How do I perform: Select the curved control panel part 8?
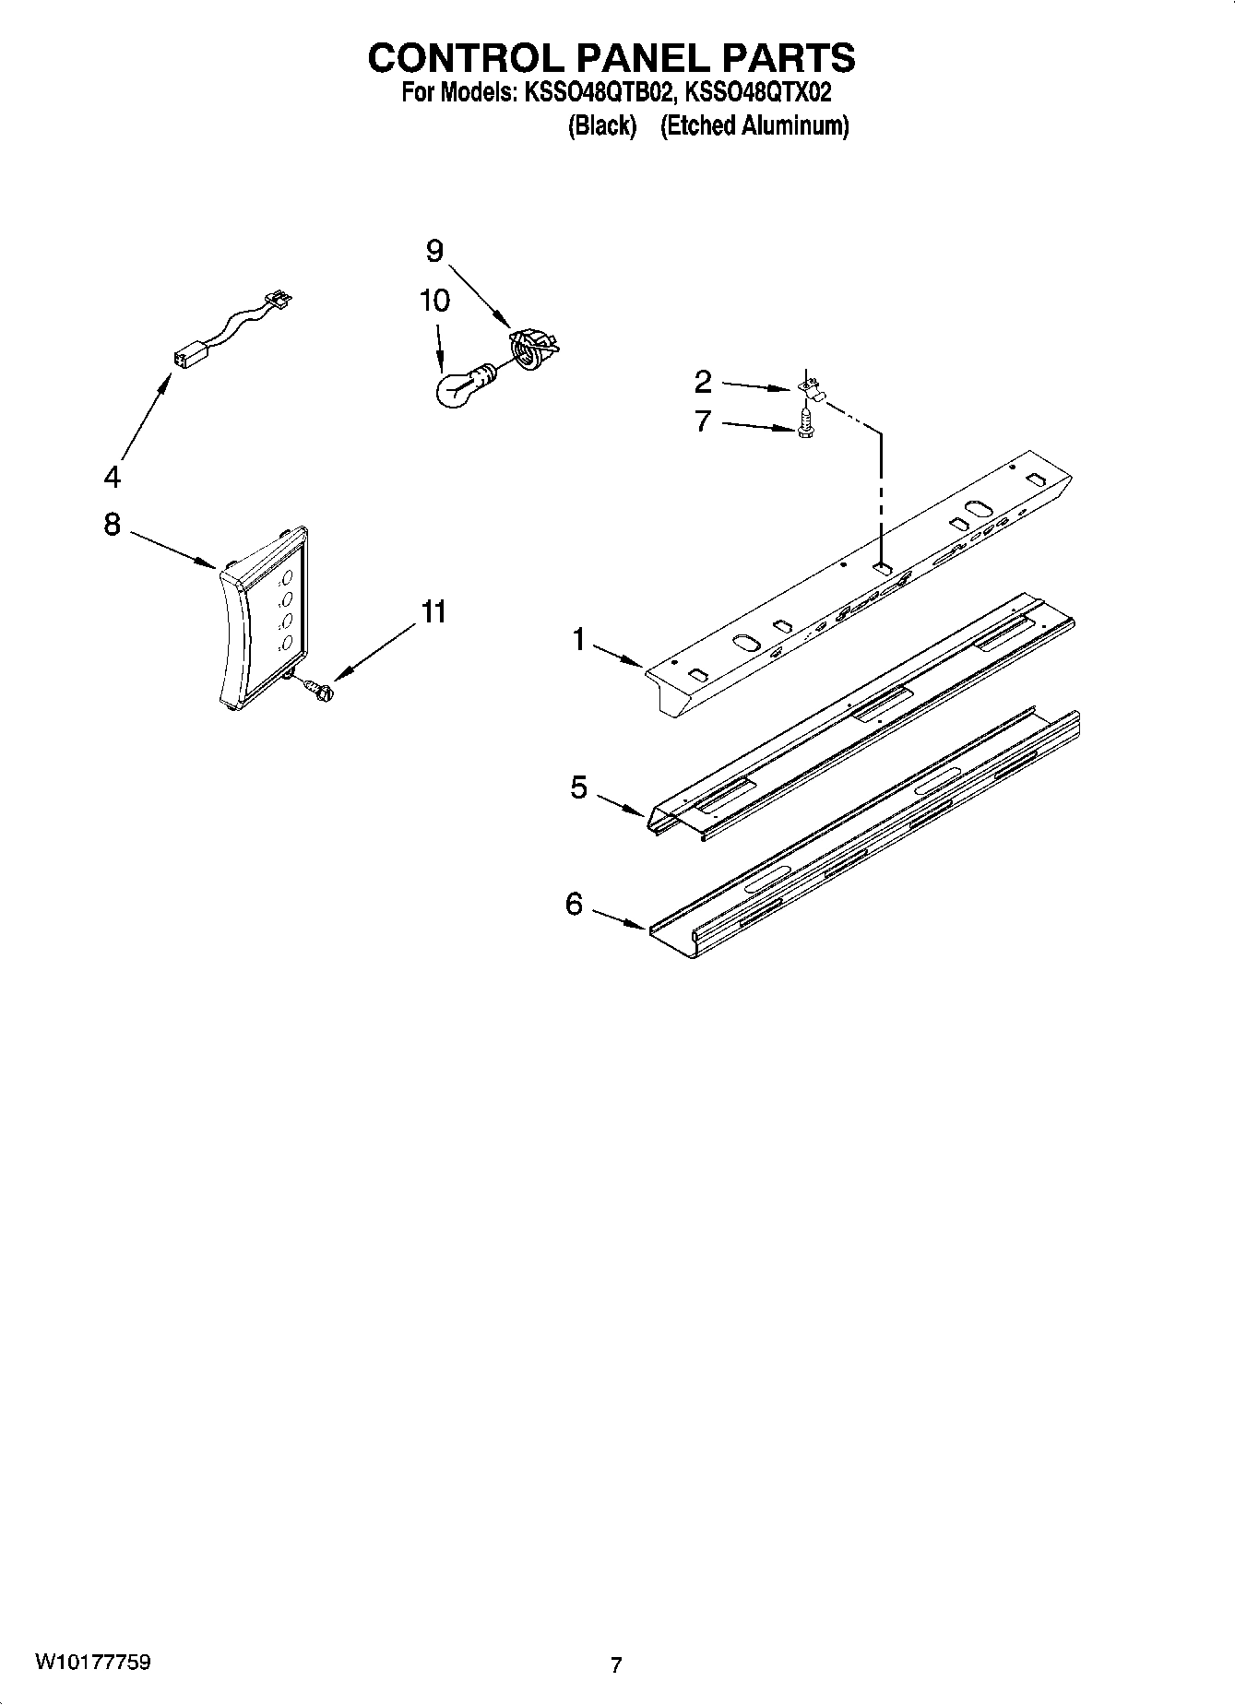click(263, 618)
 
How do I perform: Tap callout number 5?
click(578, 787)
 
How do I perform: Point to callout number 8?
click(112, 524)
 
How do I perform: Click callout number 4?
click(112, 477)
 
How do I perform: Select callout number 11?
click(433, 610)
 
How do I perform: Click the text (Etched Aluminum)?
click(754, 125)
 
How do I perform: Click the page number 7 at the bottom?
click(616, 1664)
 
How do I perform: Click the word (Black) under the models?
click(601, 125)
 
